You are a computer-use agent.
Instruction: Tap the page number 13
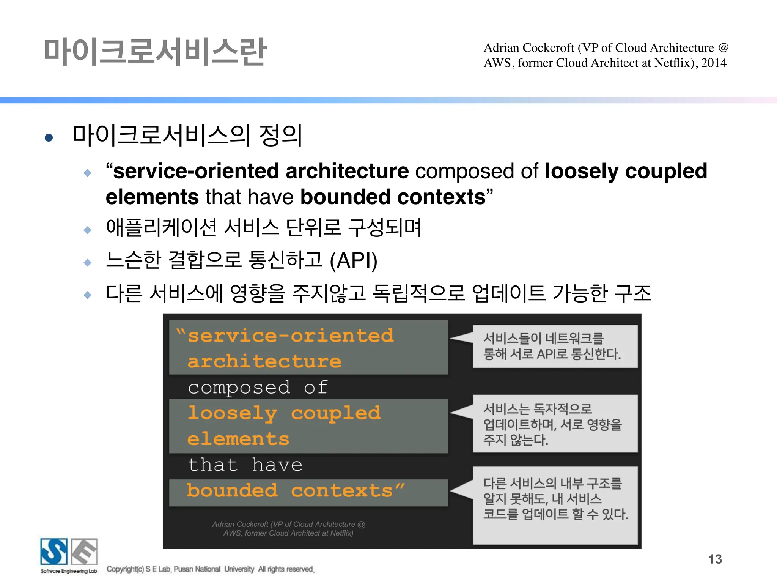pyautogui.click(x=715, y=559)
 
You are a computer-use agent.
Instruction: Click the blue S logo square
pyautogui.click(x=54, y=551)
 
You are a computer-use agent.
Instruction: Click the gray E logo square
pyautogui.click(x=84, y=551)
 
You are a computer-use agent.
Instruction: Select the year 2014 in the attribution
pyautogui.click(x=714, y=63)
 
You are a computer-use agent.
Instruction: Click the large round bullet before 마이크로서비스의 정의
pyautogui.click(x=49, y=137)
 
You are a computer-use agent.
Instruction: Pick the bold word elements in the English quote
pyautogui.click(x=152, y=197)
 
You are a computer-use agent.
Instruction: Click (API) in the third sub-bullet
pyautogui.click(x=353, y=260)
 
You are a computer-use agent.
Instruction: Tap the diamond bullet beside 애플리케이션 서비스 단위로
pyautogui.click(x=88, y=230)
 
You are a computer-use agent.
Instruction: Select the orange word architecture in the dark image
pyautogui.click(x=264, y=361)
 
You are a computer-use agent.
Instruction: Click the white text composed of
pyautogui.click(x=258, y=388)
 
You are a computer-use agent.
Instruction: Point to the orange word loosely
pyautogui.click(x=232, y=413)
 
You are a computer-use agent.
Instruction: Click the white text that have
pyautogui.click(x=245, y=465)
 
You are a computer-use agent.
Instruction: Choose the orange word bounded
pyautogui.click(x=232, y=491)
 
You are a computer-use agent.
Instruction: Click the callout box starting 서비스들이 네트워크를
pyautogui.click(x=555, y=346)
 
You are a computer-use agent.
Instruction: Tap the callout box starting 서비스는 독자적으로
pyautogui.click(x=555, y=424)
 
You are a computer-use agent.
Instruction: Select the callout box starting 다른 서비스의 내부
pyautogui.click(x=555, y=505)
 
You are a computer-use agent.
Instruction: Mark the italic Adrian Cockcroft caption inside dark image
pyautogui.click(x=288, y=528)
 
